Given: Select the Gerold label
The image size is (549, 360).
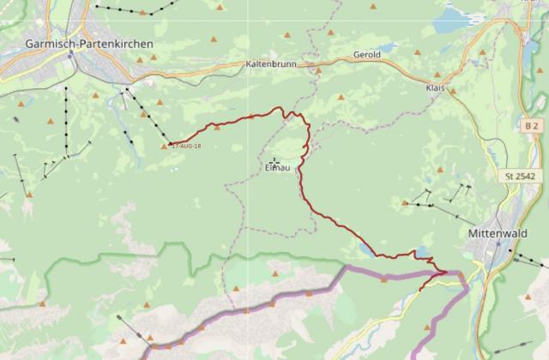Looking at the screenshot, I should click(366, 55).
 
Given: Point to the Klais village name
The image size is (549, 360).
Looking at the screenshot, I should click(437, 87).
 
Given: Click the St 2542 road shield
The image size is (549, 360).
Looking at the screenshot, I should click(521, 177).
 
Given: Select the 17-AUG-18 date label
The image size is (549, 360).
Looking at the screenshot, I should click(186, 147).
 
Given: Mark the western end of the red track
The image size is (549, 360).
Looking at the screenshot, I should click(170, 143).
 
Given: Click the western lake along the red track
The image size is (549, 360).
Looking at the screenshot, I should click(366, 249).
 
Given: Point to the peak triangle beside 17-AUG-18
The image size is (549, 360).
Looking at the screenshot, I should click(165, 147).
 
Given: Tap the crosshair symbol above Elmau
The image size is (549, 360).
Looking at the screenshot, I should click(274, 160).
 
